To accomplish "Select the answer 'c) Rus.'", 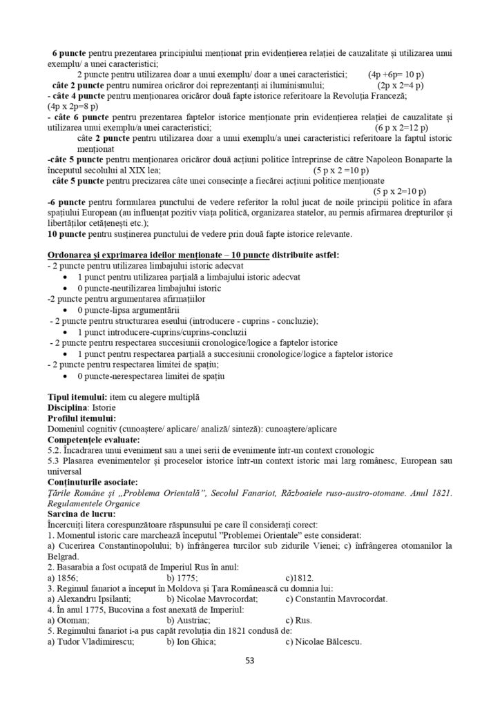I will pyautogui.click(x=298, y=621).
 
